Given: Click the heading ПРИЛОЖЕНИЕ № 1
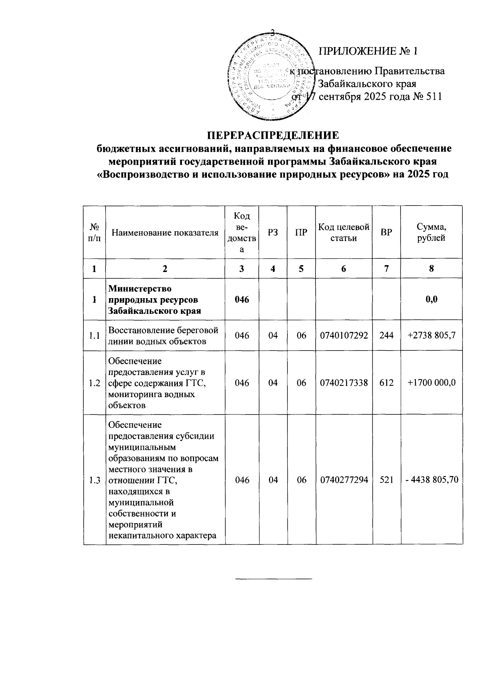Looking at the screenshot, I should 368,51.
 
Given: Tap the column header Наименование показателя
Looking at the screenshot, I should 165,233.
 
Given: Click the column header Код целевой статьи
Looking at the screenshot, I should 344,233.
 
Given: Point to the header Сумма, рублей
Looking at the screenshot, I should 431,233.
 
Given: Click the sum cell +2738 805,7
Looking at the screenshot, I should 431,336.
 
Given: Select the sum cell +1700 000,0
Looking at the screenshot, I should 431,383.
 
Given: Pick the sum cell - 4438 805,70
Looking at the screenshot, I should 431,480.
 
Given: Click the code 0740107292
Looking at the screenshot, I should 344,336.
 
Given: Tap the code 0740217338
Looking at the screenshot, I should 344,383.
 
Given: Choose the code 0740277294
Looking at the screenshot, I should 344,480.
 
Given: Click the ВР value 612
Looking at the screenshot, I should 386,383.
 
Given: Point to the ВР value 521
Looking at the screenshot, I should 386,480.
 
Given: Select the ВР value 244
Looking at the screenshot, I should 386,336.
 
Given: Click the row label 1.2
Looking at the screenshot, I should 95,383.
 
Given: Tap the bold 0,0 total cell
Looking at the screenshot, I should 431,299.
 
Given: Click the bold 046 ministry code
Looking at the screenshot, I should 242,299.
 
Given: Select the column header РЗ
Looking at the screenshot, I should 273,233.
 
